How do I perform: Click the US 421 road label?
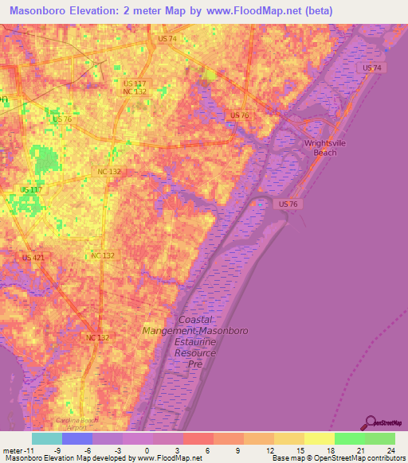33,257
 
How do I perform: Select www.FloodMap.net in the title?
255,10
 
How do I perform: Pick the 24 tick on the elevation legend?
391,449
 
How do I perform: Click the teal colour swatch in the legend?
46,438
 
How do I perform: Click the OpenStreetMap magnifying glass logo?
371,422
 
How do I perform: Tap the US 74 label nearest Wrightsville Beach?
371,68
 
